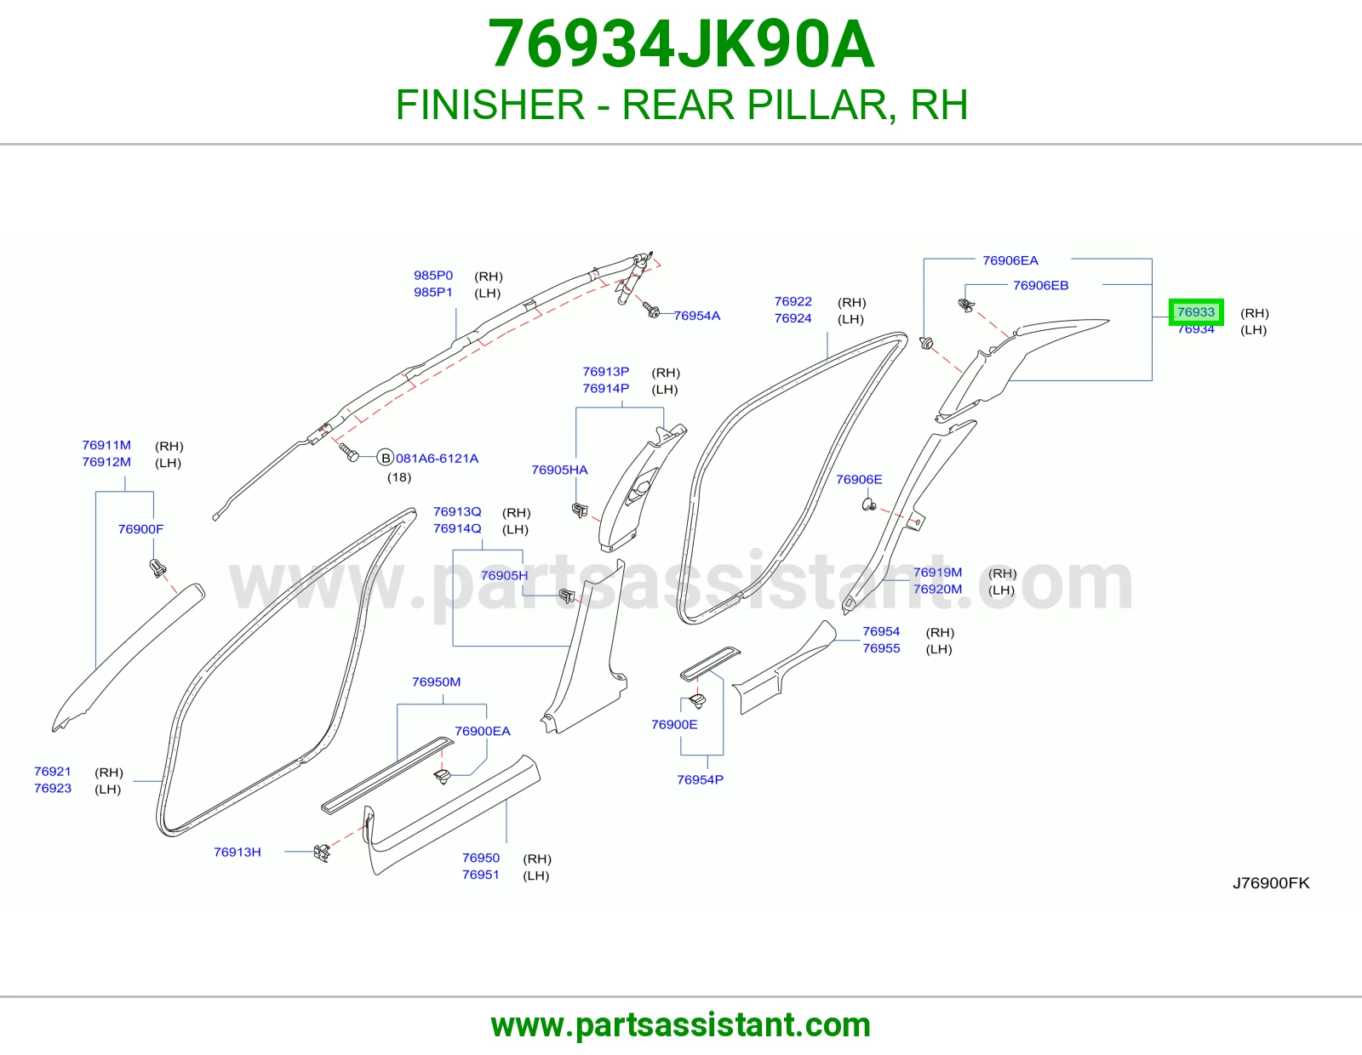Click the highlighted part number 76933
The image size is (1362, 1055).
[1195, 312]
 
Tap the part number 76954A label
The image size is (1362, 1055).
[697, 316]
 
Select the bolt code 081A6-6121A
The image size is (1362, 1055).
[437, 459]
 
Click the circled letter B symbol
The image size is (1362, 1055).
[386, 458]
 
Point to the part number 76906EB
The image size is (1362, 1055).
[1040, 286]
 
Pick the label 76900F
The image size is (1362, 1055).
[141, 529]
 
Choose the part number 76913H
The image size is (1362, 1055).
[237, 852]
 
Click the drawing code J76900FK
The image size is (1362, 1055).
[1271, 883]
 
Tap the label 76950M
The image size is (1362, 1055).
[436, 681]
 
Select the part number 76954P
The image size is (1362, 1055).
[700, 780]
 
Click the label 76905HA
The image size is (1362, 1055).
[560, 470]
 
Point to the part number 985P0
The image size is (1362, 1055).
[433, 276]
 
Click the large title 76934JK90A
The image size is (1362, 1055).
[681, 44]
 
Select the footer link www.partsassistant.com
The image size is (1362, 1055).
[681, 1025]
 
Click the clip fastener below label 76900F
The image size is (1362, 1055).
[158, 569]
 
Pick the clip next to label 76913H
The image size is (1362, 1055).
[322, 853]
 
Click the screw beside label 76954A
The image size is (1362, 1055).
[651, 310]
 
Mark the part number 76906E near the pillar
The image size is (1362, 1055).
[859, 480]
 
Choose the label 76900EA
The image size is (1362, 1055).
[483, 731]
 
